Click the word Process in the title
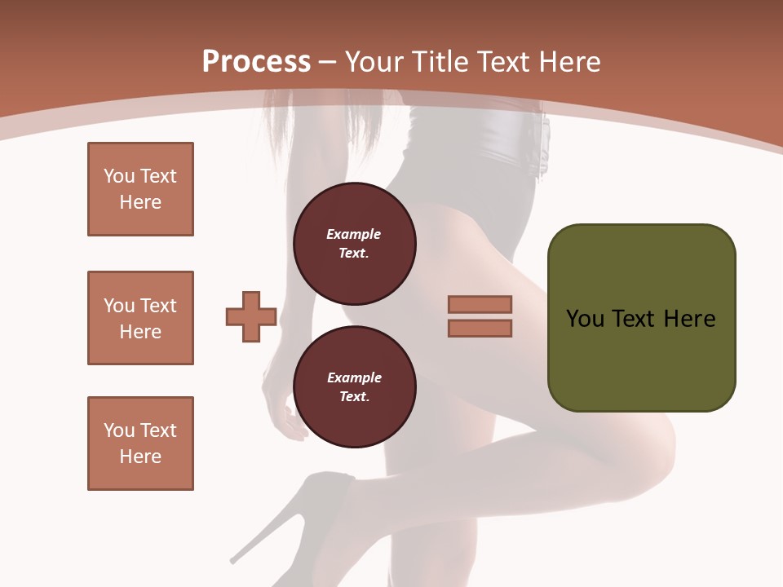[x=256, y=62]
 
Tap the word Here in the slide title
[x=568, y=62]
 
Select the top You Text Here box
[x=140, y=189]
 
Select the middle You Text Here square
[x=140, y=318]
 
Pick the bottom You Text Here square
[x=140, y=444]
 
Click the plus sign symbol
[x=251, y=316]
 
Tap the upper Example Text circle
[x=354, y=244]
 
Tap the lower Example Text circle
[x=354, y=386]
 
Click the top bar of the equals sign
[x=480, y=304]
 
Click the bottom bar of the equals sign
[x=480, y=328]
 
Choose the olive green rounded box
[x=641, y=359]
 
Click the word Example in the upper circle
[x=353, y=234]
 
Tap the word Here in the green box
[x=689, y=319]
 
